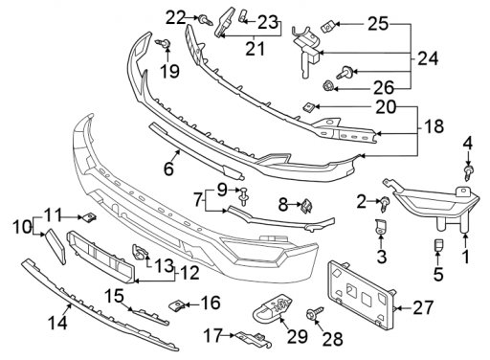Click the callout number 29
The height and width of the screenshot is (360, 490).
click(298, 337)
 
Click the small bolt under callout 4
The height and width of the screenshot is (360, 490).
click(468, 171)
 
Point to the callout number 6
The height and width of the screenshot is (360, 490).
click(168, 169)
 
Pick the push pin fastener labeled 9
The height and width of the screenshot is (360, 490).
click(244, 195)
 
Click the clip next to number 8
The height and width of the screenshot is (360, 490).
click(307, 205)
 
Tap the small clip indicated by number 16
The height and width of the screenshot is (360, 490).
click(176, 305)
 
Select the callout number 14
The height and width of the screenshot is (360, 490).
click(58, 323)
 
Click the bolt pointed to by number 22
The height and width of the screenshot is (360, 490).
click(206, 21)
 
